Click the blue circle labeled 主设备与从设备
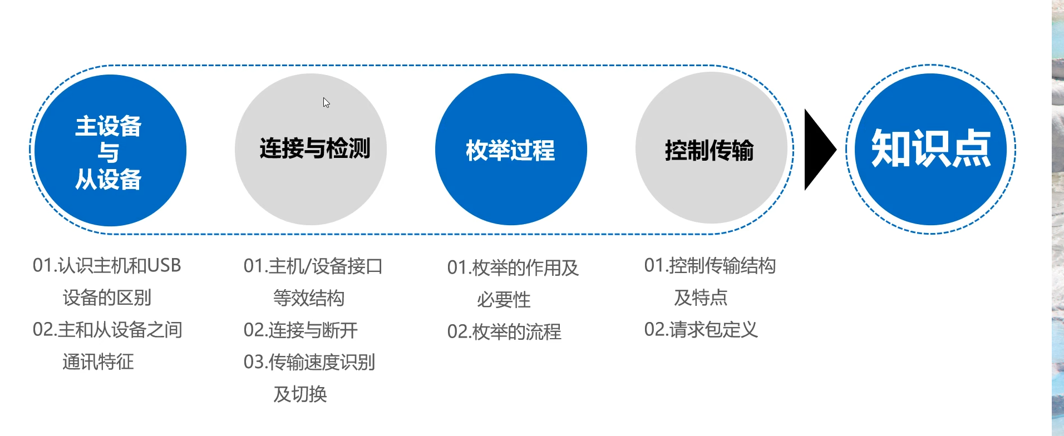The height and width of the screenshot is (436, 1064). pyautogui.click(x=110, y=151)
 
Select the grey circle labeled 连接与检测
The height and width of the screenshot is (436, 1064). pyautogui.click(x=311, y=150)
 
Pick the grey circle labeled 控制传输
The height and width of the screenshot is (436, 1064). pyautogui.click(x=711, y=149)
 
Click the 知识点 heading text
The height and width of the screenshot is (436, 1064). pyautogui.click(x=930, y=148)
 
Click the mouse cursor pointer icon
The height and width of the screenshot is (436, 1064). pyautogui.click(x=326, y=103)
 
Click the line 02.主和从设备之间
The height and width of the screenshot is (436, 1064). pyautogui.click(x=107, y=330)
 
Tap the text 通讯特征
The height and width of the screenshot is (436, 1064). pyautogui.click(x=98, y=362)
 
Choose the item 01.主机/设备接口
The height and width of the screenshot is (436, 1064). pyautogui.click(x=313, y=266)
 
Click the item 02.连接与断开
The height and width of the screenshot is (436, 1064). pyautogui.click(x=301, y=330)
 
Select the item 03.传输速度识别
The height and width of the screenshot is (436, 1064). pyautogui.click(x=309, y=363)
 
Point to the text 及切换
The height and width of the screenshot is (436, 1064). pyautogui.click(x=300, y=394)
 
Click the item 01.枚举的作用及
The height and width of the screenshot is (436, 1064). pyautogui.click(x=513, y=268)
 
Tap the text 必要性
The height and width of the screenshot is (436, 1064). pyautogui.click(x=504, y=300)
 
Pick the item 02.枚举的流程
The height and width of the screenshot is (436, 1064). pyautogui.click(x=504, y=332)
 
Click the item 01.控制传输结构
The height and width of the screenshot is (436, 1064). pyautogui.click(x=710, y=266)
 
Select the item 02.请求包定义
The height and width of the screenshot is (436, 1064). pyautogui.click(x=701, y=330)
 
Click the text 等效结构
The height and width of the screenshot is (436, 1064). pyautogui.click(x=309, y=299)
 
